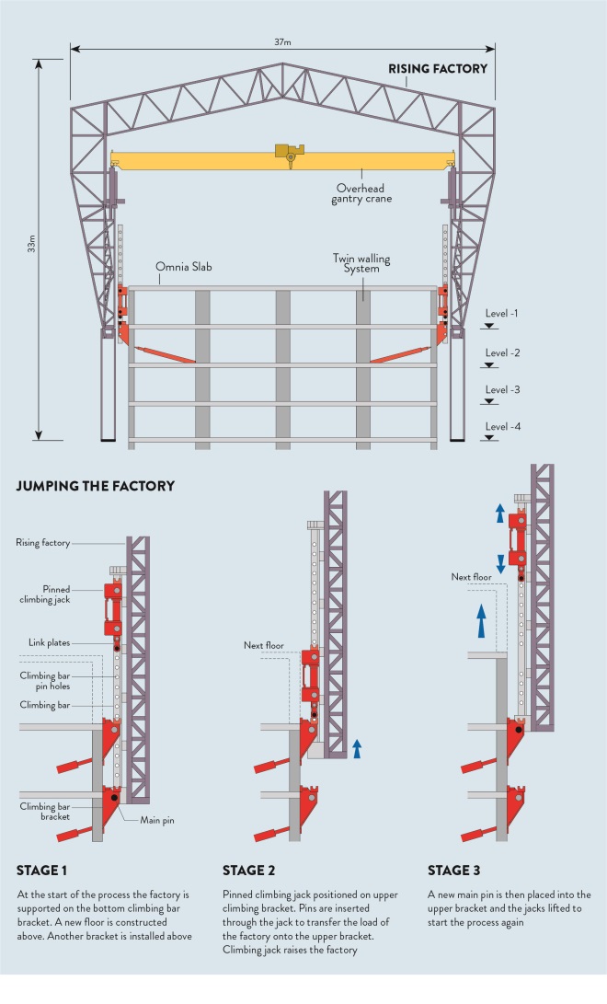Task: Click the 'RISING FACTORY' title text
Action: (437, 69)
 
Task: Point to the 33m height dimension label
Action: (31, 245)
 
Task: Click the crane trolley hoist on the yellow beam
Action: (290, 154)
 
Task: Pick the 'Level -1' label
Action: (503, 314)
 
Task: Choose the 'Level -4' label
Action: (503, 427)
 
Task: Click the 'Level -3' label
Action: (503, 389)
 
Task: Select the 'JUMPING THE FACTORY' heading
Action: (96, 485)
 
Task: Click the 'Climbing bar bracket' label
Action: (43, 811)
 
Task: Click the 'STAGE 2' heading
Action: (249, 870)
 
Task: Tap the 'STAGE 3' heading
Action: (455, 870)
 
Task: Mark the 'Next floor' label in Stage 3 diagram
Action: (471, 577)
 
